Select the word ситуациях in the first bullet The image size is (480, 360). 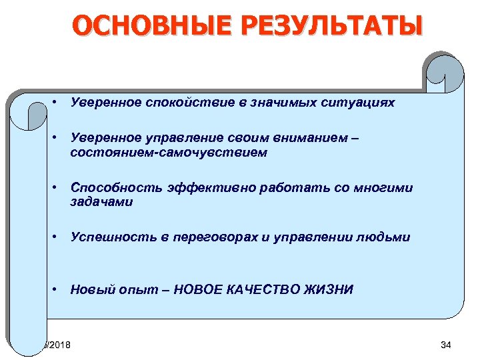(359, 103)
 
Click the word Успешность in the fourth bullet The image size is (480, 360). (103, 237)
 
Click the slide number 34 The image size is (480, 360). (446, 345)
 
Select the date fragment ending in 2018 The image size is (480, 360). (59, 345)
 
